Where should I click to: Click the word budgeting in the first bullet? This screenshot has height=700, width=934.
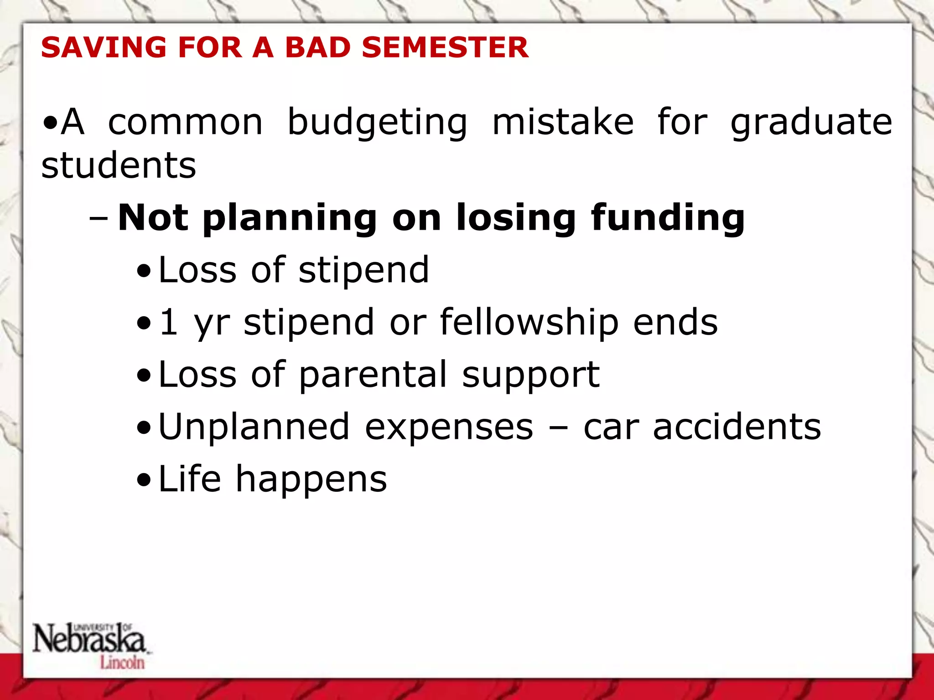(377, 123)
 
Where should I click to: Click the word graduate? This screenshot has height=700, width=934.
(811, 123)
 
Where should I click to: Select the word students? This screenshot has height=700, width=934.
(119, 165)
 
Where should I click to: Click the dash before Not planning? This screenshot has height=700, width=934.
(99, 218)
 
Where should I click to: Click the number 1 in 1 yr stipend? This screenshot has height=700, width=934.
(169, 322)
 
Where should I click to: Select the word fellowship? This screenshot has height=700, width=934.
(529, 323)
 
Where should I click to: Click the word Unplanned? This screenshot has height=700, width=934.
(254, 427)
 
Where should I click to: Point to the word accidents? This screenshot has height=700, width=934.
(737, 427)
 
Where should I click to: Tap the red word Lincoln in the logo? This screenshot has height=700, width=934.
(122, 663)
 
